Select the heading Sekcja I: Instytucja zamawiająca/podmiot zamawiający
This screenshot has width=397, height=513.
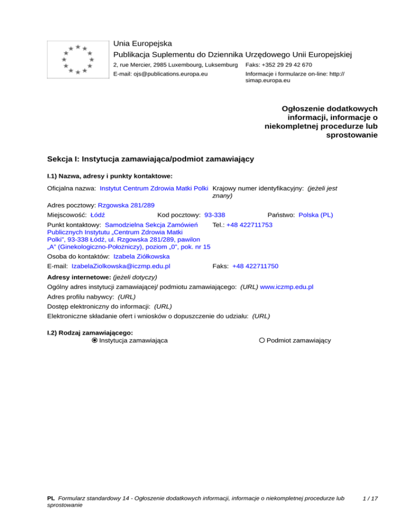tap(150, 159)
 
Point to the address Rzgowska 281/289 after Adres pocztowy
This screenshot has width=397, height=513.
tap(126, 205)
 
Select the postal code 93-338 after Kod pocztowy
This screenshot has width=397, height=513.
tap(215, 214)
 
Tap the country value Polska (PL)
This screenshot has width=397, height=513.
tap(316, 214)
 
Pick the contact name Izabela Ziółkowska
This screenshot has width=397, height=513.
tap(141, 256)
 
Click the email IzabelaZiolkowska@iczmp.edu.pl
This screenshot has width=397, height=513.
tap(121, 266)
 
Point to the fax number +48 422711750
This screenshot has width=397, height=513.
tap(255, 266)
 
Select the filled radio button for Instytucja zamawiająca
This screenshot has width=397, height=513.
tap(94, 340)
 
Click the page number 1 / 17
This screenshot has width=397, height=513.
tap(371, 499)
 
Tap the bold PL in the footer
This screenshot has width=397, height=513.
tap(51, 499)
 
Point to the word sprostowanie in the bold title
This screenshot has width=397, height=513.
tap(352, 136)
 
